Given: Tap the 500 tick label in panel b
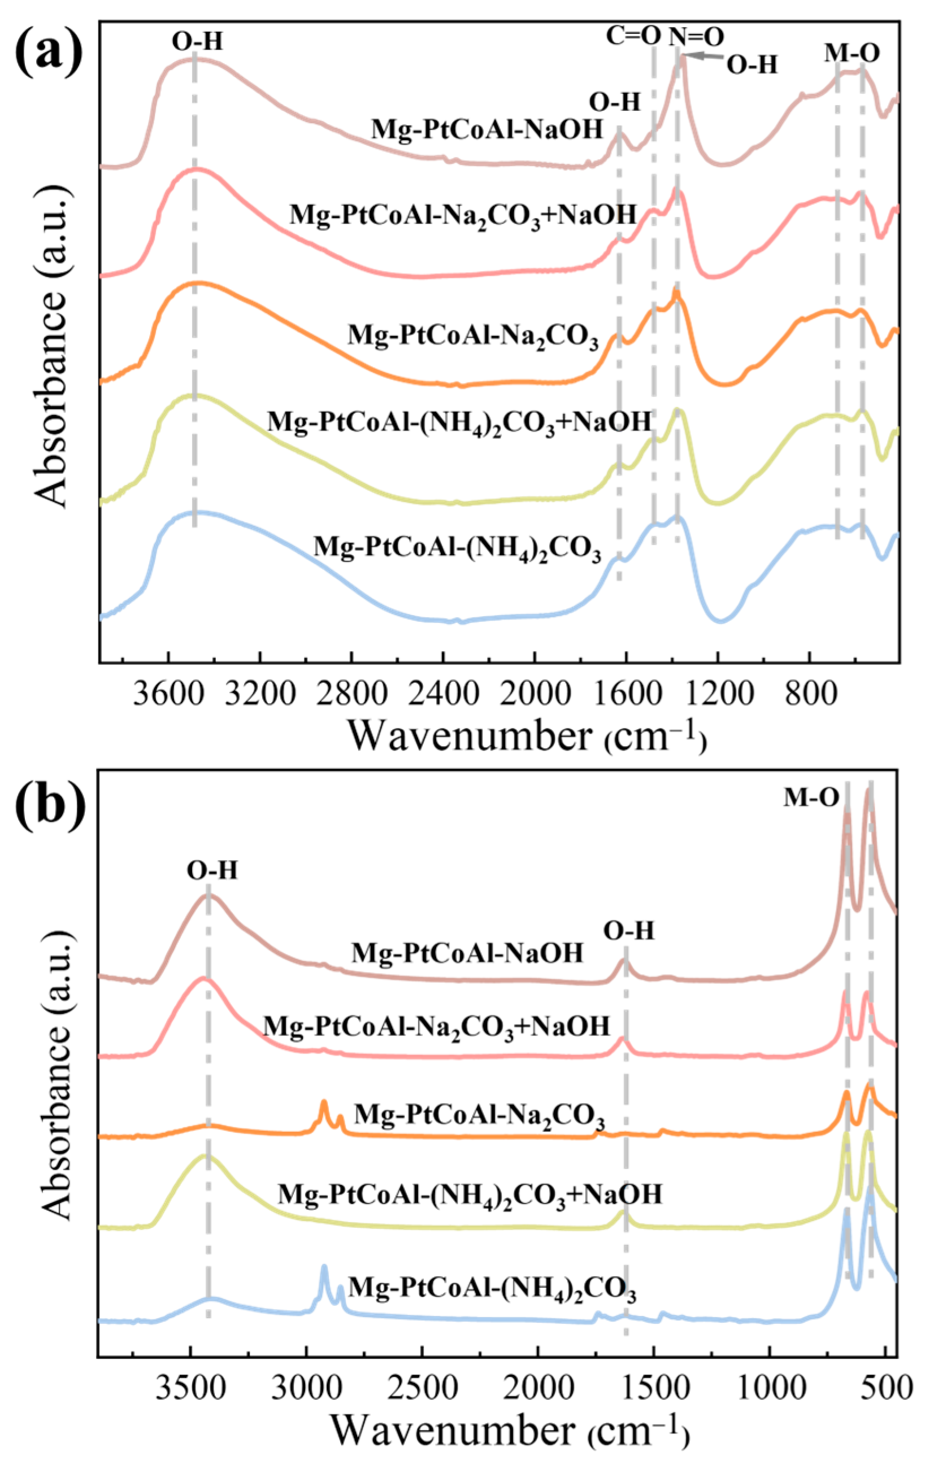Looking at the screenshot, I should [x=884, y=1405].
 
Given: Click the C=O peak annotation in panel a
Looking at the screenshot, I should [x=633, y=36].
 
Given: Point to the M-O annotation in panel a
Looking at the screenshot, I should [x=852, y=54].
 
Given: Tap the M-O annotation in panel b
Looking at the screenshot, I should [x=811, y=797].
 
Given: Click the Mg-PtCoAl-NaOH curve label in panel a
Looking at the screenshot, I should [x=486, y=130].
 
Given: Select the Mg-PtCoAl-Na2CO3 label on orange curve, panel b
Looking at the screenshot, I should [x=479, y=1115].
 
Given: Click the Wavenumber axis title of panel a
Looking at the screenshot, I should [x=527, y=735].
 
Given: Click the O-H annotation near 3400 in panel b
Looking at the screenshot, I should [x=212, y=871].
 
